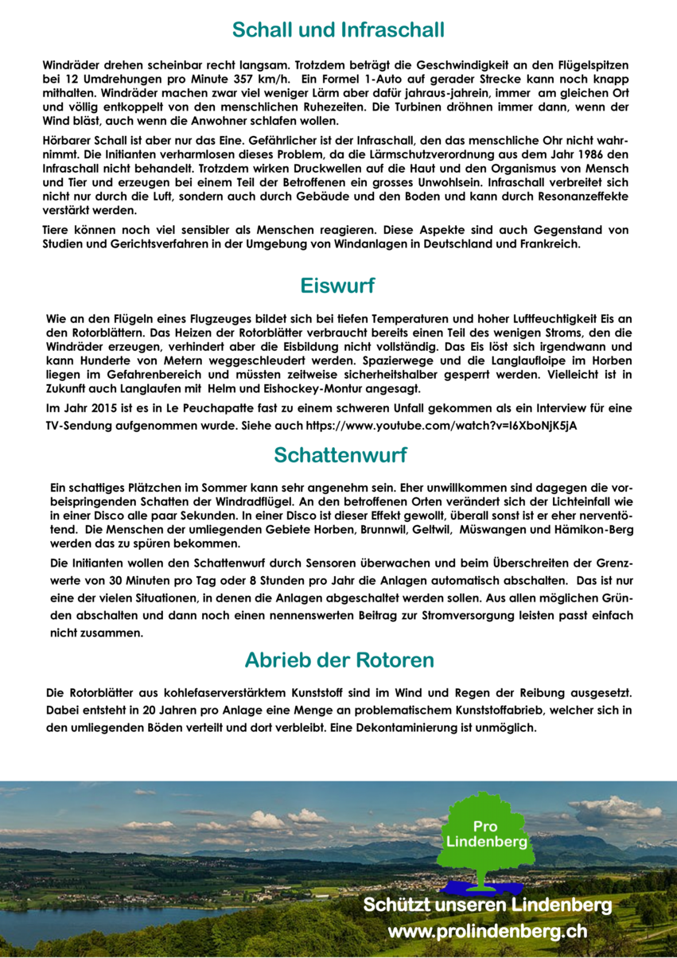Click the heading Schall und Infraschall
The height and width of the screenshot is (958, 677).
(338, 30)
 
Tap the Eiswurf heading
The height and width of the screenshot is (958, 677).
(338, 285)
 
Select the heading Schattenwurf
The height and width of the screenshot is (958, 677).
(340, 455)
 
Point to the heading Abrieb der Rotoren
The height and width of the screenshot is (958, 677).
(339, 660)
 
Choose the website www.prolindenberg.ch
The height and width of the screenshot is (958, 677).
(488, 931)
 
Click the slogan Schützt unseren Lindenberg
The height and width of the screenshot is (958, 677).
(488, 905)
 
